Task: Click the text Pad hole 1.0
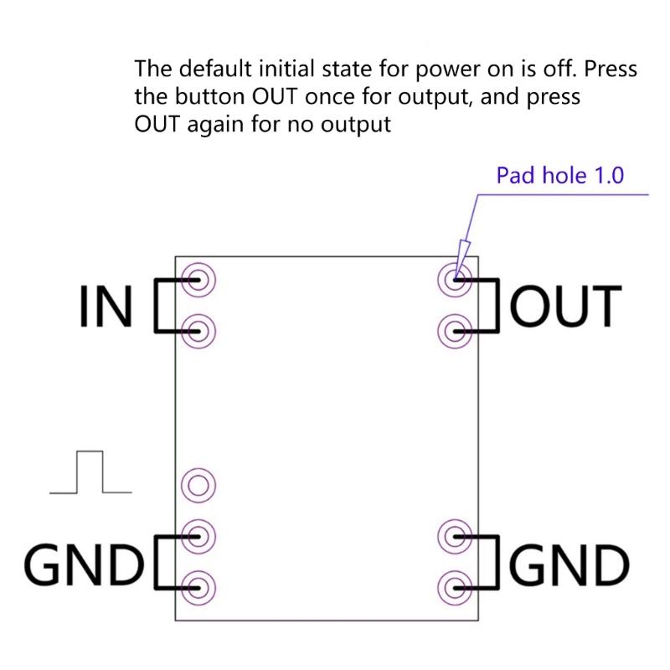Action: click(x=560, y=176)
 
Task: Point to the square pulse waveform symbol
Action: click(x=90, y=472)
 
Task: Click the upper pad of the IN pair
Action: click(x=199, y=280)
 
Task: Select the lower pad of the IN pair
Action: click(x=199, y=332)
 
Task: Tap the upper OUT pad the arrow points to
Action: click(x=455, y=280)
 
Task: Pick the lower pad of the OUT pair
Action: click(x=455, y=332)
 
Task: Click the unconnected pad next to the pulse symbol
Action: click(x=199, y=484)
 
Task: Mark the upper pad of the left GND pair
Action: click(x=199, y=533)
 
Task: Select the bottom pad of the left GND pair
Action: click(x=199, y=584)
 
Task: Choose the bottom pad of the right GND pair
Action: click(x=455, y=584)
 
